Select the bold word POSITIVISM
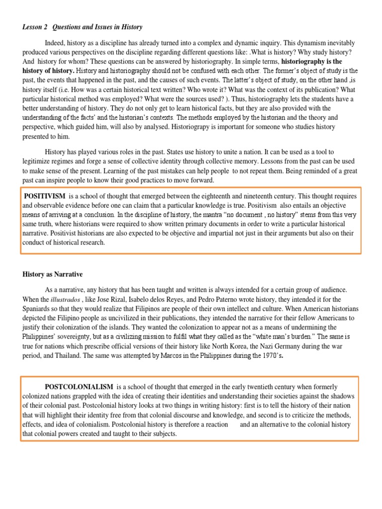[46, 196]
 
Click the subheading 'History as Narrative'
[53, 274]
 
